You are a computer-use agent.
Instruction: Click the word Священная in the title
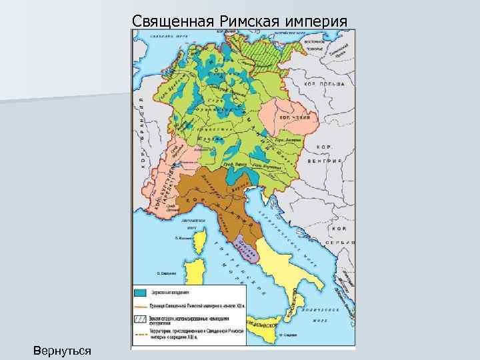[171, 19]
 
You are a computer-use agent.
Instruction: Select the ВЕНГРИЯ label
[325, 161]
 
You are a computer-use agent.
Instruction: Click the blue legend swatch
[141, 292]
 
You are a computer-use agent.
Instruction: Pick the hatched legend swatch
[141, 318]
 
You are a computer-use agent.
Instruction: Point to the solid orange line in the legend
[141, 305]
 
